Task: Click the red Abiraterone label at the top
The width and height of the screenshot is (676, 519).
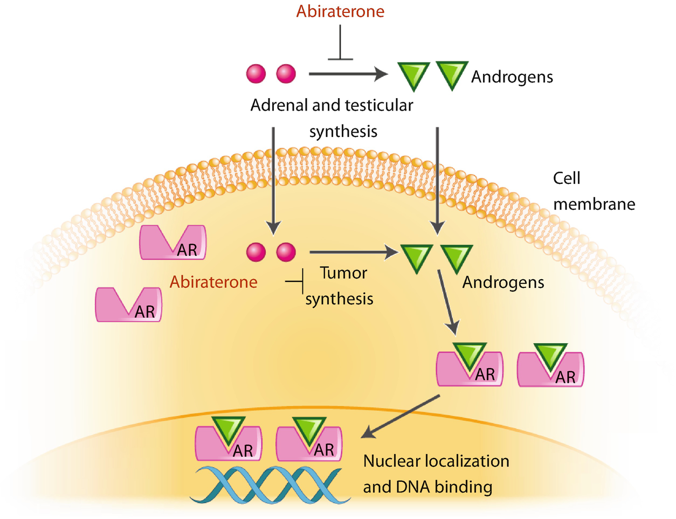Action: [x=340, y=11]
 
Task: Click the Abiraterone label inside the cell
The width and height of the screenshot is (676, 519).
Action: [x=213, y=282]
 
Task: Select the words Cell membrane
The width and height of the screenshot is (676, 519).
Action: [x=594, y=191]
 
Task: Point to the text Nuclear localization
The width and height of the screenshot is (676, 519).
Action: [x=436, y=461]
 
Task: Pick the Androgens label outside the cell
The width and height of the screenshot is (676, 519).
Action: [x=512, y=77]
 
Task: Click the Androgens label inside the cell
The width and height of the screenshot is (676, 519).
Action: [x=503, y=282]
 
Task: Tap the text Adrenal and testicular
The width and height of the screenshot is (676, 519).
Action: [x=332, y=105]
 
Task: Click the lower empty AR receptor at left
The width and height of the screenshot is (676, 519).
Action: [x=128, y=305]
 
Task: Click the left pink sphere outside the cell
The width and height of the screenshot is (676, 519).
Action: [x=256, y=74]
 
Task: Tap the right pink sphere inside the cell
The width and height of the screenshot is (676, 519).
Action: [x=286, y=252]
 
